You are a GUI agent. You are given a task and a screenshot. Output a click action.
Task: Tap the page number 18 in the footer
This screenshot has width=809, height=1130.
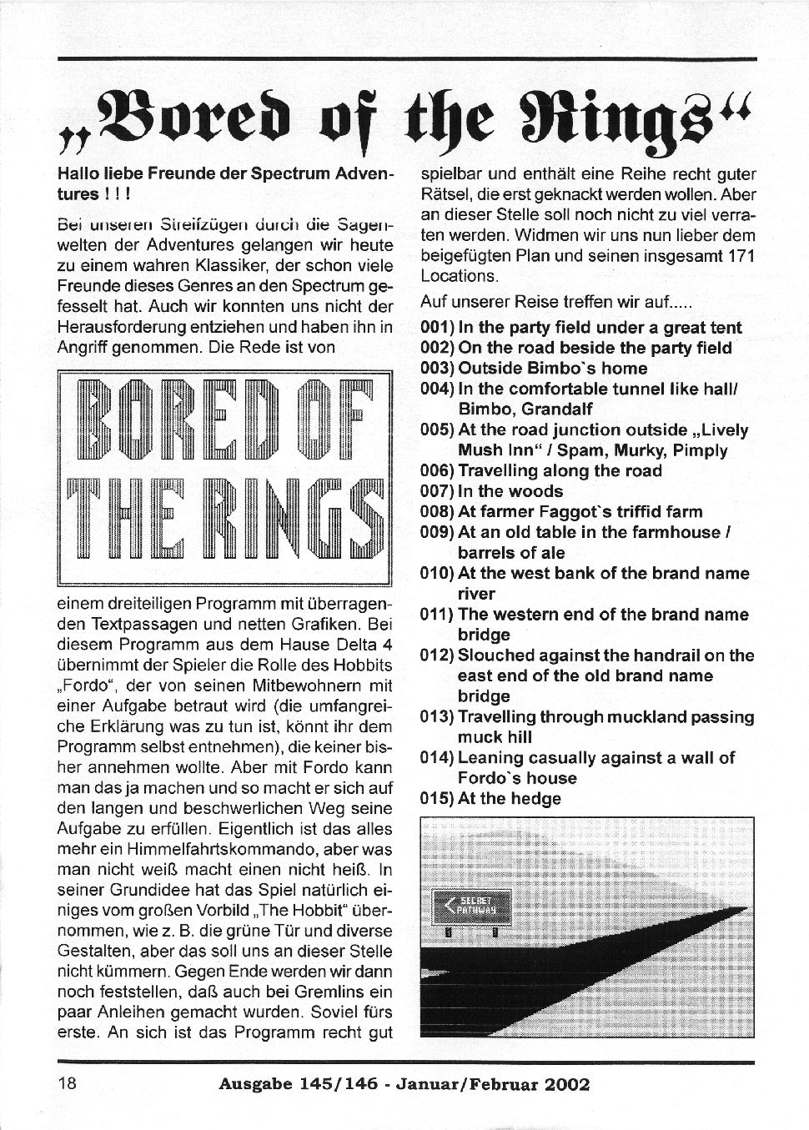tap(68, 1083)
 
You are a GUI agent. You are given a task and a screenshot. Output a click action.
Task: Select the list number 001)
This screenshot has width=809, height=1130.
tap(438, 328)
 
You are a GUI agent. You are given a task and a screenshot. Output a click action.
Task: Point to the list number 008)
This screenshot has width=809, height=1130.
tap(438, 512)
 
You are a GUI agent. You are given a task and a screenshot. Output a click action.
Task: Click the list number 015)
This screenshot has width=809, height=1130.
tap(438, 799)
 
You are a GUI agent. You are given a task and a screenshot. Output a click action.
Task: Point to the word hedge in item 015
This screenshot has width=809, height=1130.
tap(535, 799)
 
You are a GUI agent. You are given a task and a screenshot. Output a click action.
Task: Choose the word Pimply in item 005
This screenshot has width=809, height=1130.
tap(699, 450)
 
